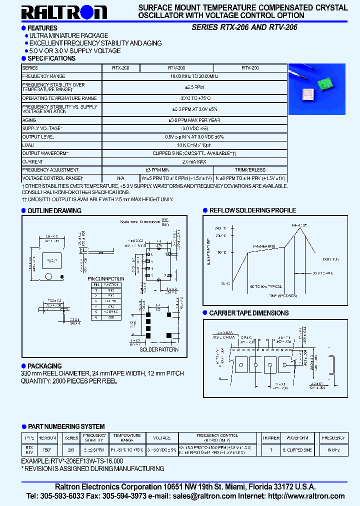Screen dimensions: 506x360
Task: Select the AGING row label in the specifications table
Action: pyautogui.click(x=29, y=120)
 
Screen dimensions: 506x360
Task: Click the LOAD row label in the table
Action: pyautogui.click(x=29, y=145)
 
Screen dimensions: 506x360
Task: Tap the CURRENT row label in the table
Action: pyautogui.click(x=33, y=162)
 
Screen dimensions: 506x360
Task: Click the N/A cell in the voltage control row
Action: pyautogui.click(x=120, y=178)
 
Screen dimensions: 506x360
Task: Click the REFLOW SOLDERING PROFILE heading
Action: pyautogui.click(x=252, y=210)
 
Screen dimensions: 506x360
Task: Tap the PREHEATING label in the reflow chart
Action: pyautogui.click(x=264, y=246)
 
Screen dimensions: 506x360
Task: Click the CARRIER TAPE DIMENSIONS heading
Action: pyautogui.click(x=248, y=313)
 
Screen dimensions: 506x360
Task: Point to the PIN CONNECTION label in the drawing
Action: pyautogui.click(x=106, y=278)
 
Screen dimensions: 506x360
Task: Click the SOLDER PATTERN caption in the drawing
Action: pyautogui.click(x=159, y=349)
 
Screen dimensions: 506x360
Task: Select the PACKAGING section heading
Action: pyautogui.click(x=44, y=366)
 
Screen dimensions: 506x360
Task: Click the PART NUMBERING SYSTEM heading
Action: pyautogui.click(x=66, y=426)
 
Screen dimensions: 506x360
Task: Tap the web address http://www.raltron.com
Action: pyautogui.click(x=306, y=496)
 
